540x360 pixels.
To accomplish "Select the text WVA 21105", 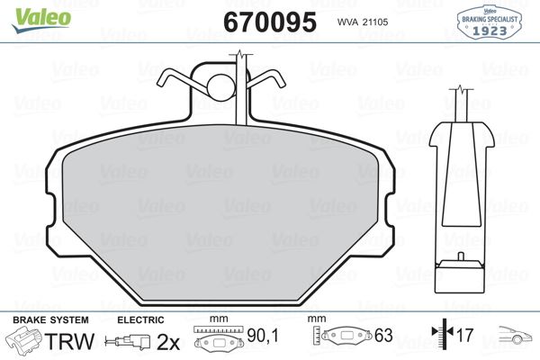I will (x=361, y=22).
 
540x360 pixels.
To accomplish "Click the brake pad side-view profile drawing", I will (x=461, y=198).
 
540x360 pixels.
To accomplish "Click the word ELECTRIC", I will (x=140, y=320).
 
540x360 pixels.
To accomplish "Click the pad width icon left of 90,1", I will (x=216, y=343).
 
